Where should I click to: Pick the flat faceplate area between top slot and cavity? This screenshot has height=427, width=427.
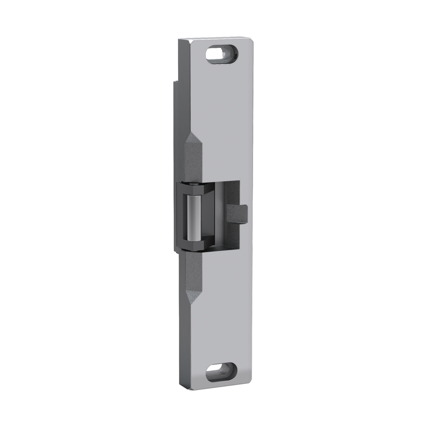[225, 115]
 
